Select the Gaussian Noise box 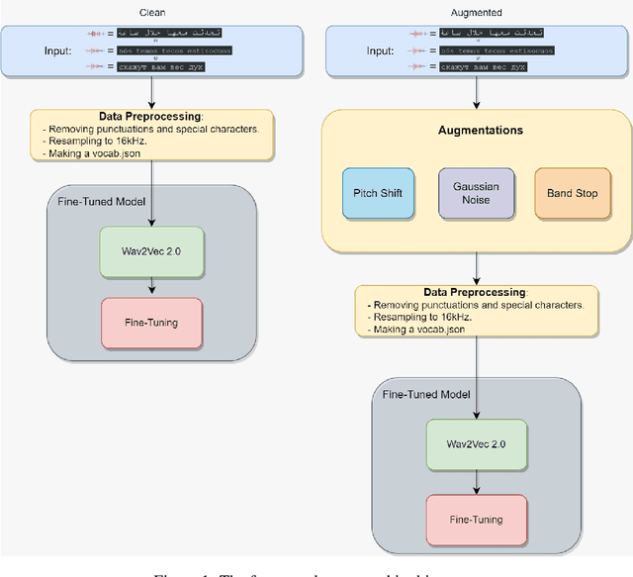[476, 192]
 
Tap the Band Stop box [573, 192]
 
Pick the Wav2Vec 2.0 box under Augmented [479, 445]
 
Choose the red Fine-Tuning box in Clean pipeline [151, 323]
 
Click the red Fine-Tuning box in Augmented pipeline [479, 519]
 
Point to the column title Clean [151, 12]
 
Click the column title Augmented [477, 12]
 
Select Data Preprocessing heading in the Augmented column [475, 293]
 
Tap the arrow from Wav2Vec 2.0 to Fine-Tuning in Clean [151, 287]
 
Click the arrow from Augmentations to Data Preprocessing [478, 264]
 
